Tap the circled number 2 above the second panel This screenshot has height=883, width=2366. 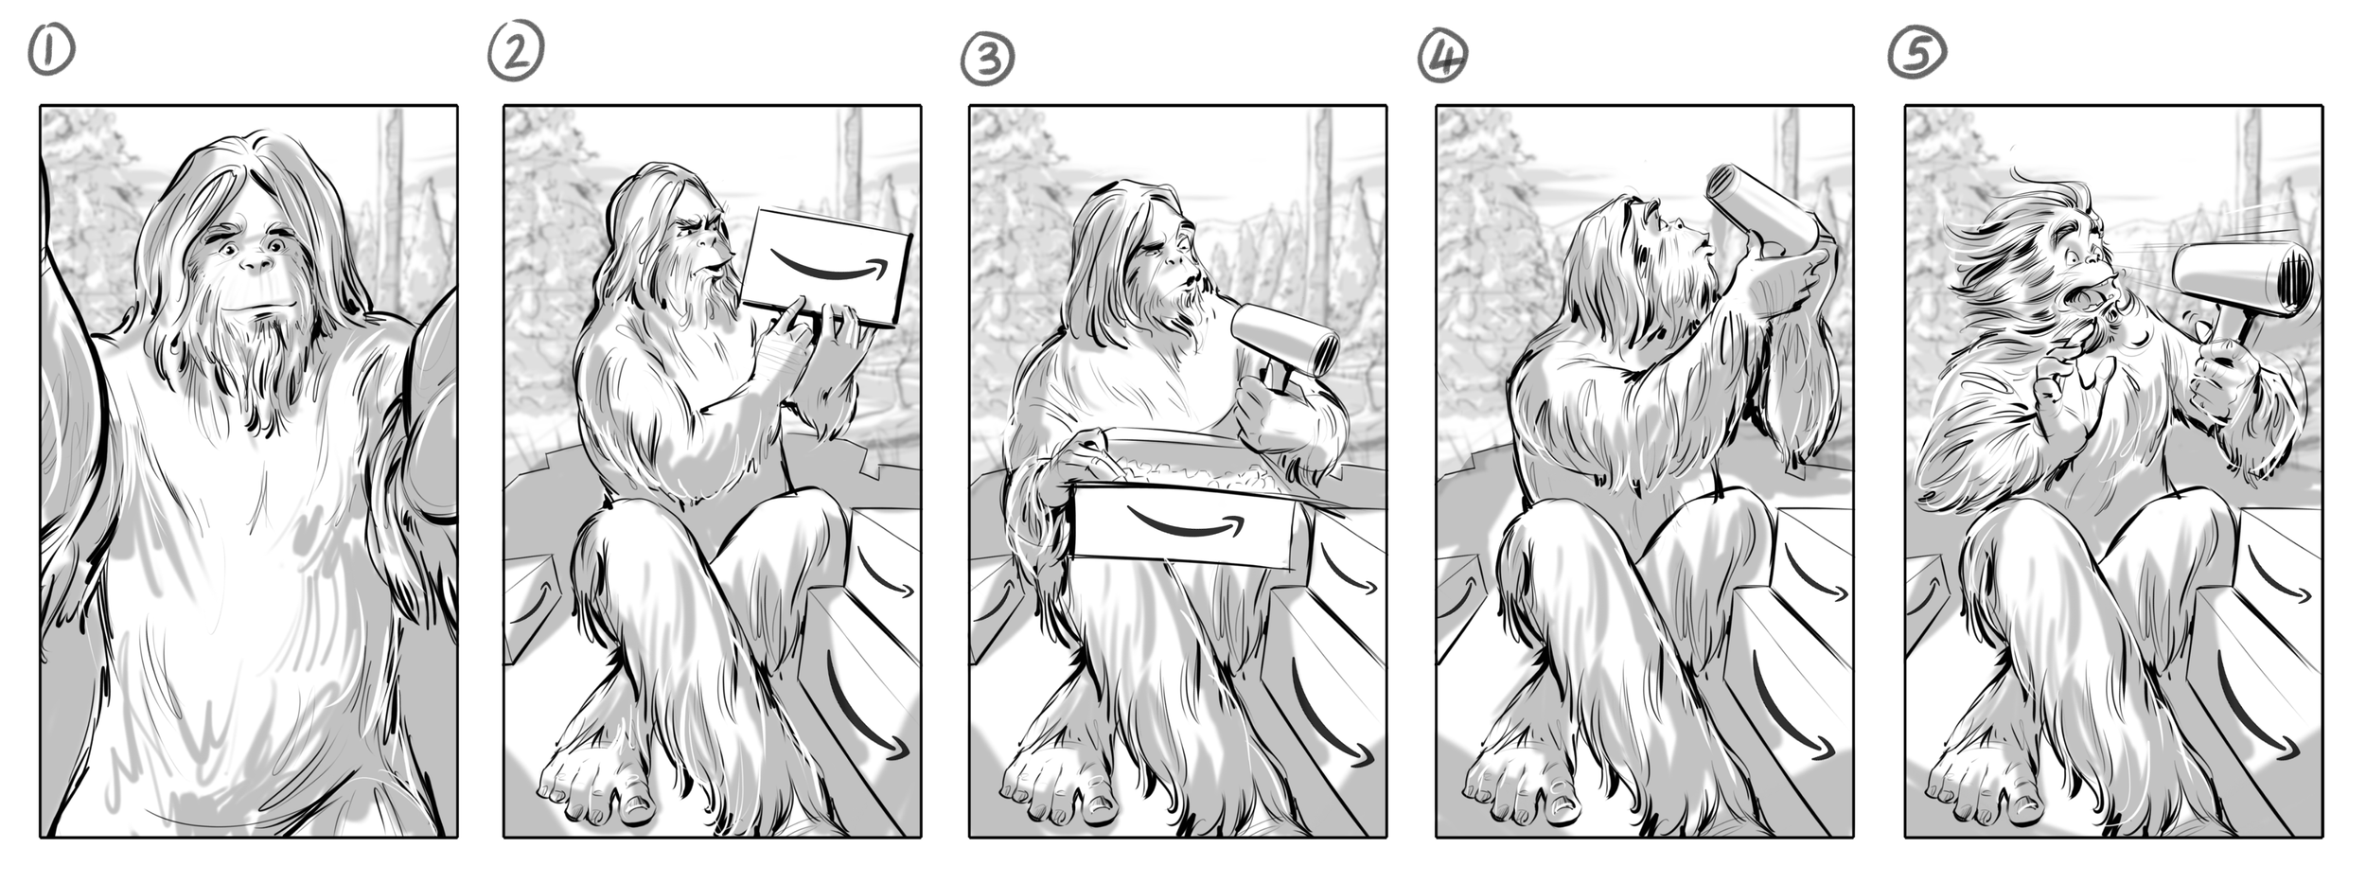click(x=516, y=51)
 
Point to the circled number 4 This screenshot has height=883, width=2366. click(x=1442, y=57)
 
